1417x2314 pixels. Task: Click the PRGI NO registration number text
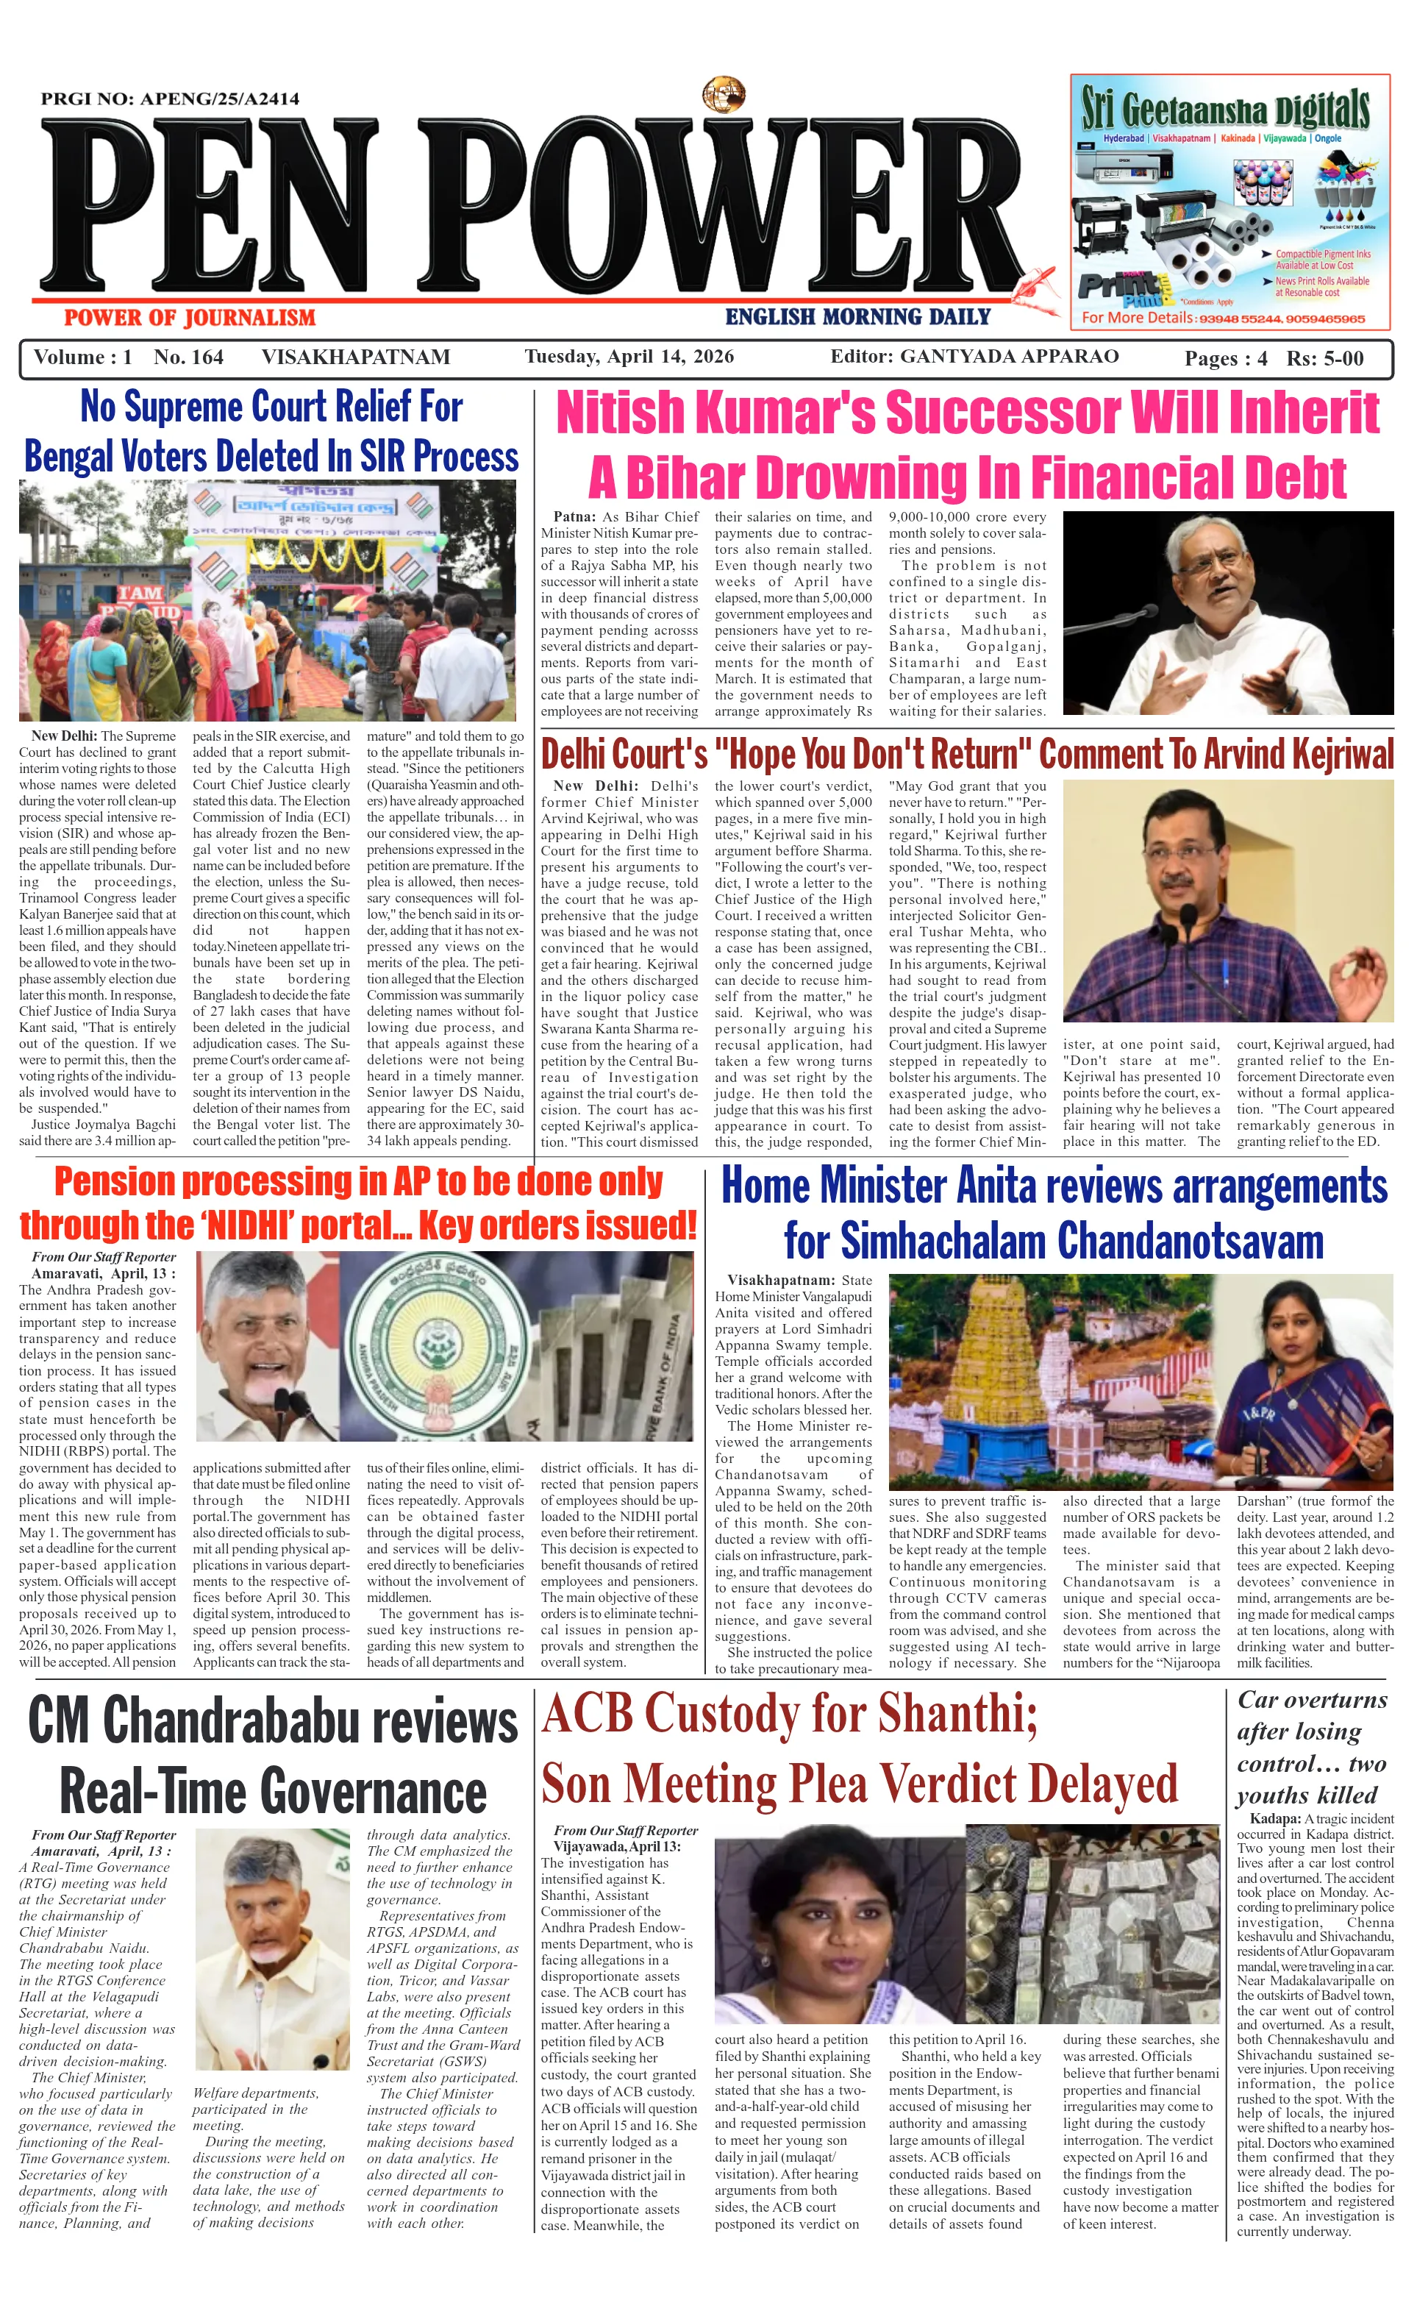coord(170,99)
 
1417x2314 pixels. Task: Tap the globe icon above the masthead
coord(724,95)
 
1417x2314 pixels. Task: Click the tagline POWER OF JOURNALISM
coord(190,318)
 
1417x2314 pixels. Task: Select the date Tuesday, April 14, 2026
coord(629,357)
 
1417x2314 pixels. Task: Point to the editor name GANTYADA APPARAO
coord(1009,357)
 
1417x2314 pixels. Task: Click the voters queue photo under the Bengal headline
coord(268,601)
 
